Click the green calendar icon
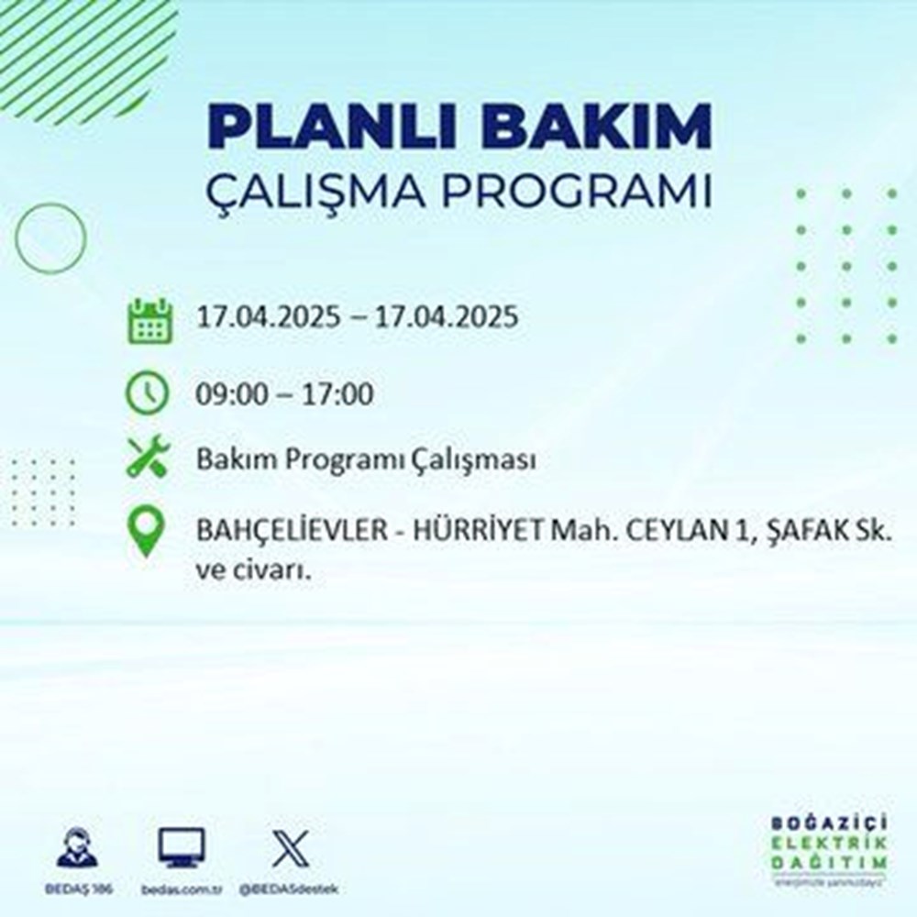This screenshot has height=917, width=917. pyautogui.click(x=148, y=320)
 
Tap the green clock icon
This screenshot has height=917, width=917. pyautogui.click(x=148, y=395)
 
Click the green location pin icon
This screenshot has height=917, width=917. pyautogui.click(x=147, y=533)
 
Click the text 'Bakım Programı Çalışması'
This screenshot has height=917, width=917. pyautogui.click(x=365, y=460)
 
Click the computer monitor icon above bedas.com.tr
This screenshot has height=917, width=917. pyautogui.click(x=182, y=846)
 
